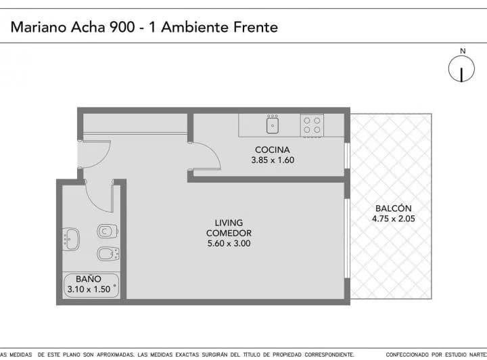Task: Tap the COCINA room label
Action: point(273,150)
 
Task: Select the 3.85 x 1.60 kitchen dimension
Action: point(273,161)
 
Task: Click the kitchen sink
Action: point(273,125)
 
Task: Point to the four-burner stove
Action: point(312,125)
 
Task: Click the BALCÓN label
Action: point(391,208)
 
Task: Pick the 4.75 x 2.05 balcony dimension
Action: point(391,219)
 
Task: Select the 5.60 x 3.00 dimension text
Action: point(229,244)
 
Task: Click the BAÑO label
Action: point(89,278)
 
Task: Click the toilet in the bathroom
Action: point(106,231)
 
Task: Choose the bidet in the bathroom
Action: point(107,254)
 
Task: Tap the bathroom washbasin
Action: point(71,238)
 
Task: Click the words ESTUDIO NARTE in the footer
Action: point(459,355)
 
